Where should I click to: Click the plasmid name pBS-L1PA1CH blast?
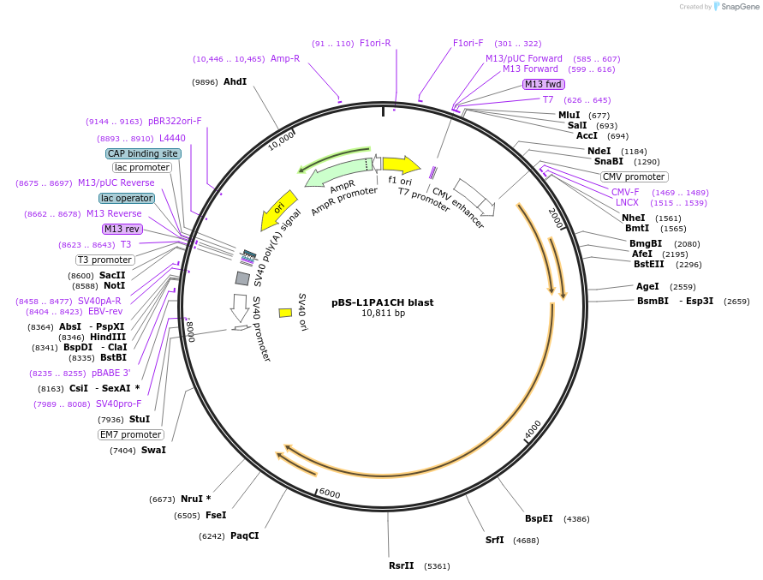382,302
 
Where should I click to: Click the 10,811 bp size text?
383,314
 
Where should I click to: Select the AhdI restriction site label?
235,82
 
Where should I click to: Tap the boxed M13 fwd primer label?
544,84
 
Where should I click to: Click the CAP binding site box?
143,153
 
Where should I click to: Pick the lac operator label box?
127,198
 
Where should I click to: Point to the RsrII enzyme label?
401,565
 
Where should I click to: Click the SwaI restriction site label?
153,450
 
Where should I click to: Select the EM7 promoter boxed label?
130,434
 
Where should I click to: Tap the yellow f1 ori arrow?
400,164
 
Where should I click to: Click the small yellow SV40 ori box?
285,313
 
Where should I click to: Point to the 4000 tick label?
532,428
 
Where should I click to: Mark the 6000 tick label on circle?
330,493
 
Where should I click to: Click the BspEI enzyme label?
539,518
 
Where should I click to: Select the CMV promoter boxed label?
634,176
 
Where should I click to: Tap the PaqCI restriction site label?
244,535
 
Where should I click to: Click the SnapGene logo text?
740,7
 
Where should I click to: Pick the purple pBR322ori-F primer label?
175,122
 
